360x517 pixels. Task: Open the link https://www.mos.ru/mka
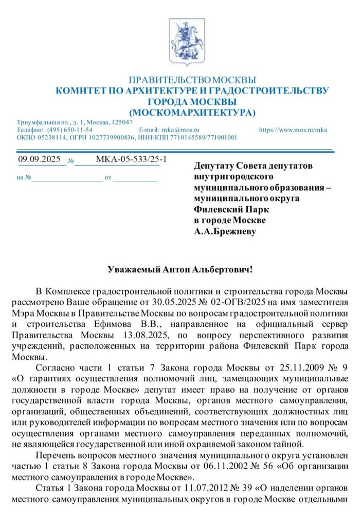pyautogui.click(x=293, y=130)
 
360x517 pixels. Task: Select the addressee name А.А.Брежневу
pyautogui.click(x=225, y=231)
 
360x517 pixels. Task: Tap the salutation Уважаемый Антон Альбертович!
pyautogui.click(x=180, y=269)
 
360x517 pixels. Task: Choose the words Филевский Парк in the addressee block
pyautogui.click(x=224, y=210)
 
